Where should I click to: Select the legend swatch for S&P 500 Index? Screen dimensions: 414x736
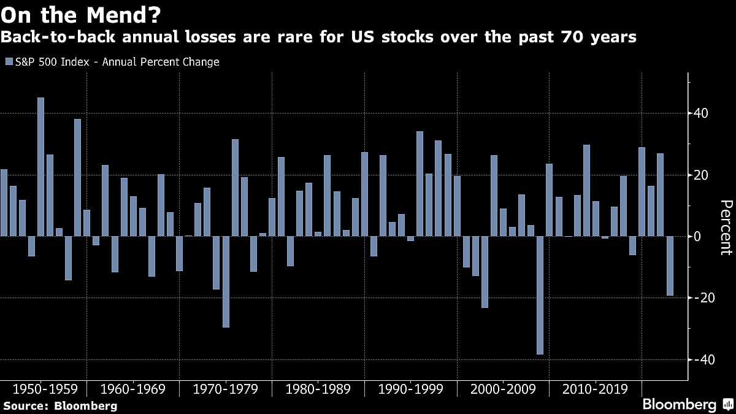[x=8, y=62]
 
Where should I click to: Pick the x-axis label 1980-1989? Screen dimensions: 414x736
[x=318, y=389]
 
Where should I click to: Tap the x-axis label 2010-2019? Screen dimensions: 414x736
[x=595, y=389]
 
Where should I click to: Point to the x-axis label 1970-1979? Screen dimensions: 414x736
[x=225, y=389]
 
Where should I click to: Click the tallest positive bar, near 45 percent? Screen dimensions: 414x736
[x=40, y=166]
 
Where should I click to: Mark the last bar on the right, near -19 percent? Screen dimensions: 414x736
[x=670, y=266]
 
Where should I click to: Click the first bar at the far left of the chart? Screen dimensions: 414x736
[x=4, y=202]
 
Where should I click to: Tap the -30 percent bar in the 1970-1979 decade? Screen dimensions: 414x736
[x=226, y=282]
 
